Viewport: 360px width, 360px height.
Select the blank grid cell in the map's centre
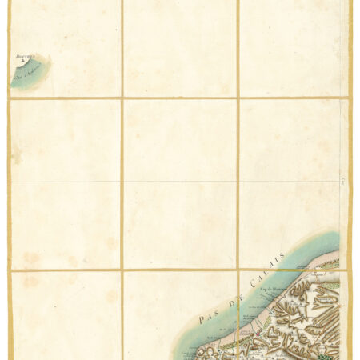180,184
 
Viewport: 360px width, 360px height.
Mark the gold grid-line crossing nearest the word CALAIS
238,270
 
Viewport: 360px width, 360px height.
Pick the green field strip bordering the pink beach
320,276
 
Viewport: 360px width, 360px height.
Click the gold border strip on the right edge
351,160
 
